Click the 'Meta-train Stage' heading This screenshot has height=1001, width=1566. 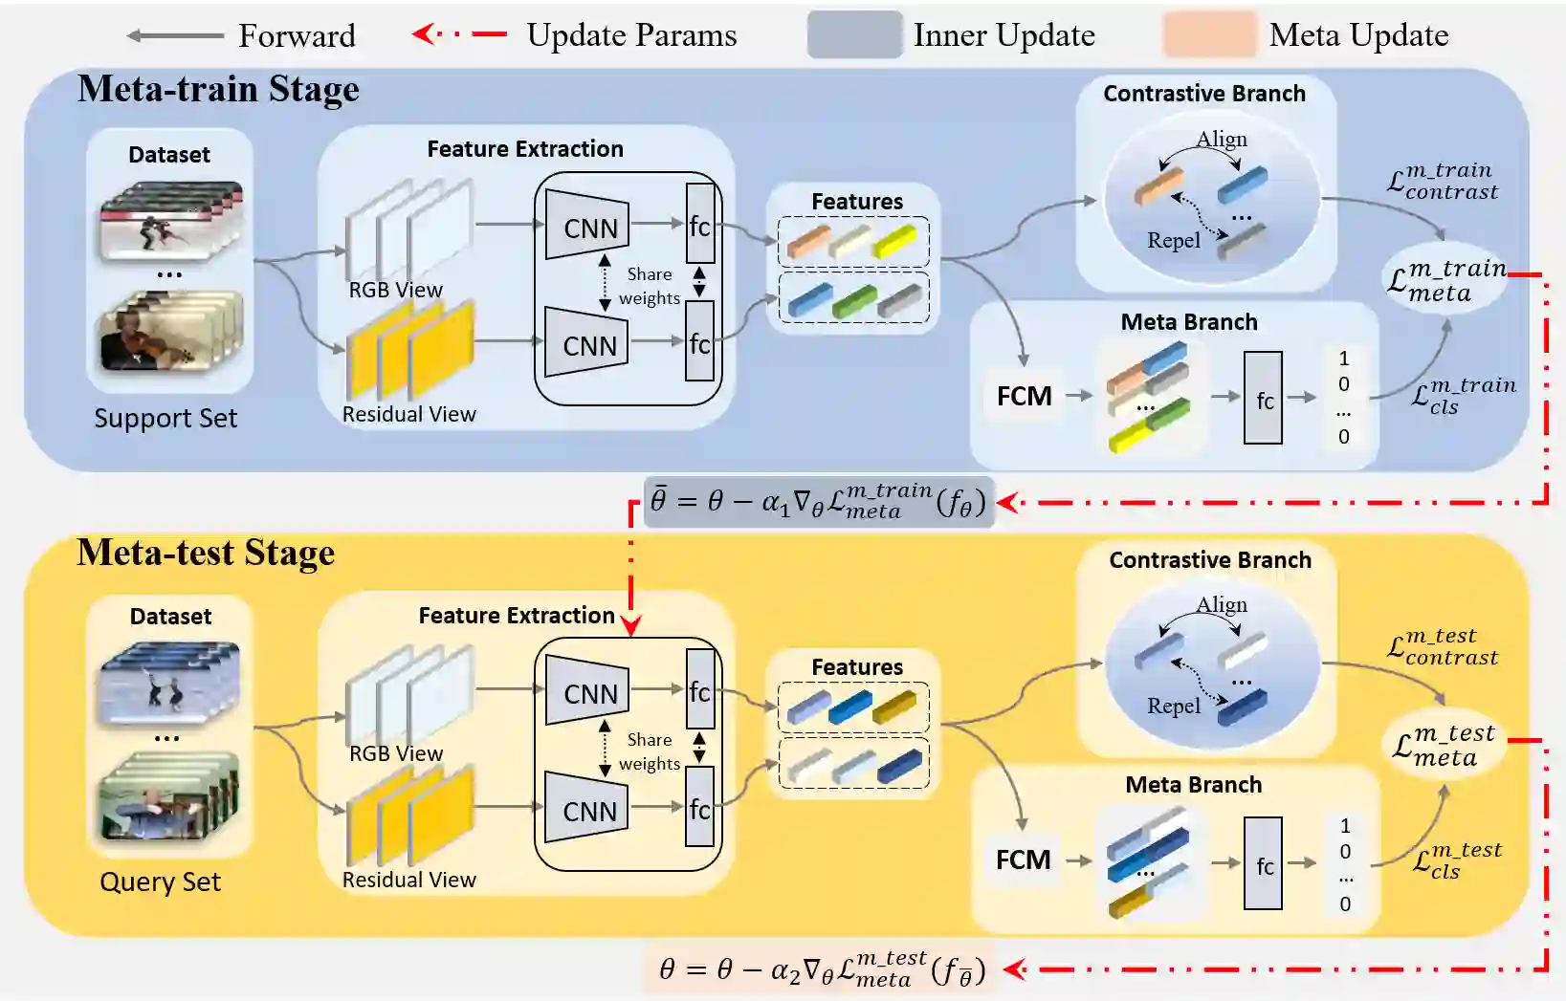click(218, 89)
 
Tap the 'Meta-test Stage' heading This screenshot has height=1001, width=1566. click(206, 553)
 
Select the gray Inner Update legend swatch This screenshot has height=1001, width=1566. click(854, 35)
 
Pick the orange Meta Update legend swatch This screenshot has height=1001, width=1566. click(1209, 35)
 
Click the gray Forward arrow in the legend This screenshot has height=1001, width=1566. click(175, 36)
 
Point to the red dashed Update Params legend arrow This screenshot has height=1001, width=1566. click(460, 34)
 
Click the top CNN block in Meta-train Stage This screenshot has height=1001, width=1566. click(588, 227)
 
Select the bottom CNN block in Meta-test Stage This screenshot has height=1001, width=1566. click(588, 810)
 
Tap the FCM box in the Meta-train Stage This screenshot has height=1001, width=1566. click(1024, 396)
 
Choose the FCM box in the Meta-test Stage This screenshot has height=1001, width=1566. click(1023, 860)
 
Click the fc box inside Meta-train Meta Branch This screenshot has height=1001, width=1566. click(1264, 400)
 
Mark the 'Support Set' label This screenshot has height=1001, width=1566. click(165, 418)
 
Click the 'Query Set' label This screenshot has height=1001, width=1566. click(160, 881)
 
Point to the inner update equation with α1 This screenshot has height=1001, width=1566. click(819, 501)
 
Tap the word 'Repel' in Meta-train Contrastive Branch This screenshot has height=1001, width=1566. click(1173, 240)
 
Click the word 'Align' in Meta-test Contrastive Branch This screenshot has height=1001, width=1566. click(1222, 604)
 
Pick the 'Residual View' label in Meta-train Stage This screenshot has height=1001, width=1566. click(408, 414)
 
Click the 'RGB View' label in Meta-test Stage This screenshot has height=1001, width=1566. click(395, 753)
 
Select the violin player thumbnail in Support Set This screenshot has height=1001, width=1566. click(169, 332)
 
